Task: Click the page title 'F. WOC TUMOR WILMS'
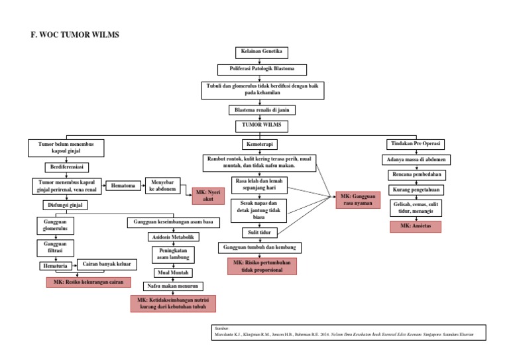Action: pos(75,34)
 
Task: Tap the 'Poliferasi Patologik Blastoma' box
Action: pos(262,69)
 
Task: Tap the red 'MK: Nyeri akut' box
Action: pos(208,195)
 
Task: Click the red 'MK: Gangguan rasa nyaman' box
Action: pos(356,200)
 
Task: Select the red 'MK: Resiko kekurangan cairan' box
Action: pos(85,282)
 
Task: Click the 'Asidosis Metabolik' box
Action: pos(172,237)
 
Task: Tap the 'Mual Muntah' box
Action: pos(172,272)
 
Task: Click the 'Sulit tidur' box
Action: pos(259,232)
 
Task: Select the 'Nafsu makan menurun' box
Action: pos(172,286)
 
